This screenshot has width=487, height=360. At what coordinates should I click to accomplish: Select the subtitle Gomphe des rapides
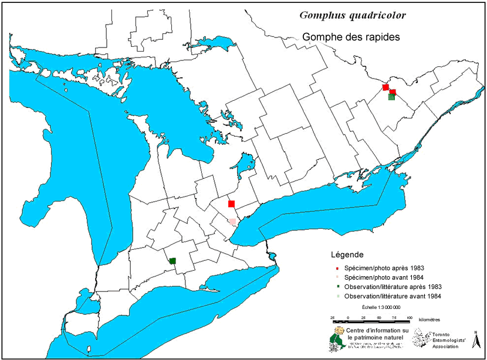(351, 36)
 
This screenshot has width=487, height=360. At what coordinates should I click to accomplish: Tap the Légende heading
(347, 255)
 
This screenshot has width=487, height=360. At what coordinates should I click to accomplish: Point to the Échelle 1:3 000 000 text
(381, 307)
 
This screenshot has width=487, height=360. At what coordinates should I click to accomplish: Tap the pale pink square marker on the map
(232, 222)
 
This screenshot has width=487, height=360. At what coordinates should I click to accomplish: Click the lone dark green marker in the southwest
(173, 261)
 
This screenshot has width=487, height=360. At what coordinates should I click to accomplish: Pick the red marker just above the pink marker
(231, 203)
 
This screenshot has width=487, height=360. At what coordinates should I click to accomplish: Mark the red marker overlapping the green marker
(394, 91)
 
